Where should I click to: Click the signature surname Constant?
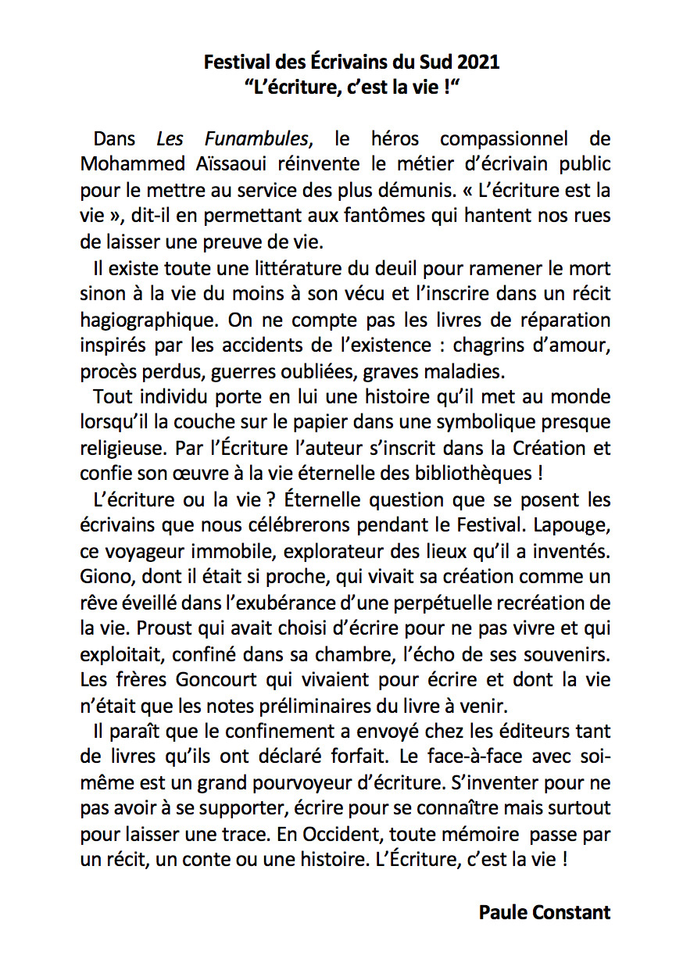click(x=573, y=911)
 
